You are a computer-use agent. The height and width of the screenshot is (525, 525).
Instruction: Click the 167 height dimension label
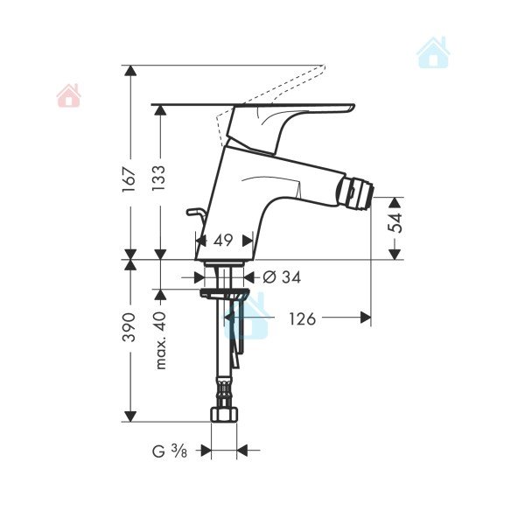pyautogui.click(x=129, y=179)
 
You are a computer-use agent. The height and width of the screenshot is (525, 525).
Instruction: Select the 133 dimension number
pyautogui.click(x=159, y=178)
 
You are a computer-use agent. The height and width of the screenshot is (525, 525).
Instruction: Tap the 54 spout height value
pyautogui.click(x=395, y=222)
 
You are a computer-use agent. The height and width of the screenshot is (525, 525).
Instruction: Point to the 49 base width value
pyautogui.click(x=223, y=240)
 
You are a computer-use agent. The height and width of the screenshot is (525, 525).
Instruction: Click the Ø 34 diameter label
pyautogui.click(x=282, y=277)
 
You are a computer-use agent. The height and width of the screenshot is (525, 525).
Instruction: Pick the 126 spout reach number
pyautogui.click(x=303, y=318)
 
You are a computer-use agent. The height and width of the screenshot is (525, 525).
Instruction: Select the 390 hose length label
pyautogui.click(x=129, y=327)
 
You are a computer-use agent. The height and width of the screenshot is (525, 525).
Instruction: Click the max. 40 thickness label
pyautogui.click(x=161, y=340)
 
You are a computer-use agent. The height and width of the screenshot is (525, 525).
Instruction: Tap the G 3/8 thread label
pyautogui.click(x=170, y=451)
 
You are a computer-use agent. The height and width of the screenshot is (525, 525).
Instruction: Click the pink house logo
pyautogui.click(x=68, y=95)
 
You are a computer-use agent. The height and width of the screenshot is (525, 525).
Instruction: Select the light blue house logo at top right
pyautogui.click(x=433, y=52)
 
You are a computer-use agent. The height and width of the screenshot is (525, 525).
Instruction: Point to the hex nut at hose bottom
pyautogui.click(x=224, y=414)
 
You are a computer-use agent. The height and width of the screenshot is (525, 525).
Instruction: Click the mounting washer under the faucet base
pyautogui.click(x=224, y=293)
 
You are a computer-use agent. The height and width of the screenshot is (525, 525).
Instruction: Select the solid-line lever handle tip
pyautogui.click(x=353, y=107)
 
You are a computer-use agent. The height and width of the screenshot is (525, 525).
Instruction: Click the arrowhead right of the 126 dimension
pyautogui.click(x=366, y=317)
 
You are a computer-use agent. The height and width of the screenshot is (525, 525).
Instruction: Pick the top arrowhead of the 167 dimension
pyautogui.click(x=130, y=71)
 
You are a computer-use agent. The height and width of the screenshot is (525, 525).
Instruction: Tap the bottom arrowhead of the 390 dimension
pyautogui.click(x=130, y=416)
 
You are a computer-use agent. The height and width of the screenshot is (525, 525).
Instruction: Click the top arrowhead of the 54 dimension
pyautogui.click(x=395, y=203)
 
